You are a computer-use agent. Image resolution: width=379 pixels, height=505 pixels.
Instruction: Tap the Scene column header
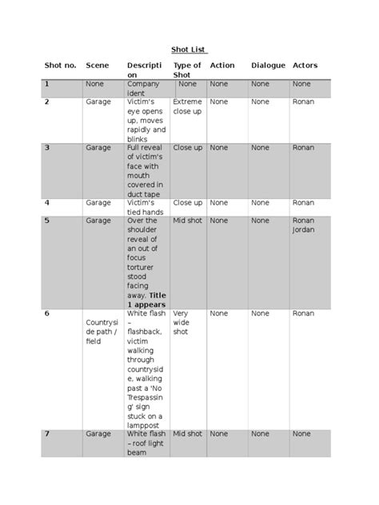click(98, 65)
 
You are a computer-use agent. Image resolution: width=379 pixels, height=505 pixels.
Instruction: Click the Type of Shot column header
click(187, 70)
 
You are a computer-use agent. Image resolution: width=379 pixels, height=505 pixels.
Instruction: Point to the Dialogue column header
click(268, 65)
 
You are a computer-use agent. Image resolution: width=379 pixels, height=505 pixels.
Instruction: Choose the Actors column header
click(305, 65)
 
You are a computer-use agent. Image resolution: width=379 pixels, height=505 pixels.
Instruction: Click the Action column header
click(222, 65)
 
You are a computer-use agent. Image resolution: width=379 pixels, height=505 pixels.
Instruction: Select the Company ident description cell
click(143, 88)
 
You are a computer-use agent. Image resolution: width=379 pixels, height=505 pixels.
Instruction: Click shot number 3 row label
click(47, 148)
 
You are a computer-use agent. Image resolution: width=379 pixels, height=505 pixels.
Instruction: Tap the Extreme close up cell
click(187, 106)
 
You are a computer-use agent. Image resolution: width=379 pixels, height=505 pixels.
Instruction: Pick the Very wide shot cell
click(181, 322)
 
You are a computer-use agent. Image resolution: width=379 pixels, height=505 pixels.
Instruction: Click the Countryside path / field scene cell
click(102, 332)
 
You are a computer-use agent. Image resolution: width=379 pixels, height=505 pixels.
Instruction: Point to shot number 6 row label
click(47, 313)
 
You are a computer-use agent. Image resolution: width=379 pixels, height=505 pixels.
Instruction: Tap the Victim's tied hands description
click(145, 208)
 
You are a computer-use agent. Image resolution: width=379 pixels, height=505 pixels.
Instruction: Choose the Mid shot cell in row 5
click(187, 220)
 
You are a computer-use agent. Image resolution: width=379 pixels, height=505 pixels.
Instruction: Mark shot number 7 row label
click(47, 433)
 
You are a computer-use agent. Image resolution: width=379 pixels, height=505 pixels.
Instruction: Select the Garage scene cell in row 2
click(98, 101)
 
